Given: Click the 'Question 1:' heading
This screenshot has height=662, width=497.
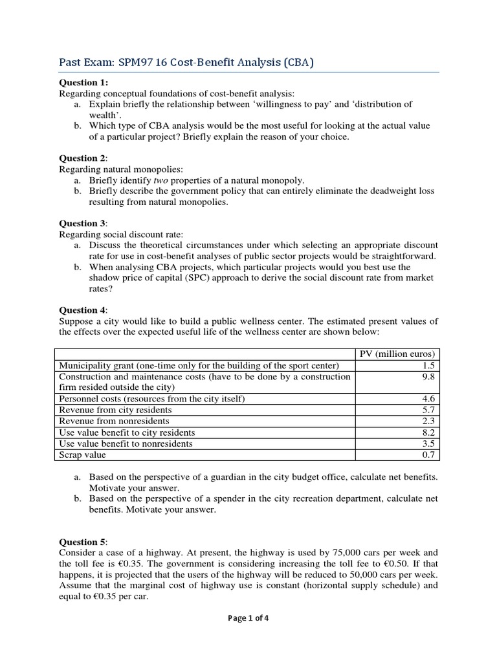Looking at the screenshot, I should click(84, 83).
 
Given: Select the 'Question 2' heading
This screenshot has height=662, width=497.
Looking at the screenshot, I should click(83, 158).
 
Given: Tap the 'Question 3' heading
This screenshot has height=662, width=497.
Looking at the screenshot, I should click(83, 223).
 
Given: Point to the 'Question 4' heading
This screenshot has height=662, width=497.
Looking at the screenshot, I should click(83, 310).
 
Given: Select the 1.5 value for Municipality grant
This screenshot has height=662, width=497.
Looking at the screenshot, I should click(431, 365).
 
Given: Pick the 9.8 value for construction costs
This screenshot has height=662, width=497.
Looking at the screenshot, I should click(431, 376).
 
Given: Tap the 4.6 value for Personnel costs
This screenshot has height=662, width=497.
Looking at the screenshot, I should click(431, 399).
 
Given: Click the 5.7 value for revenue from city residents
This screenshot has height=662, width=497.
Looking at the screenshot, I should click(431, 410).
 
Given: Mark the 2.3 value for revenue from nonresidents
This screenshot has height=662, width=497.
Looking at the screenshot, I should click(431, 421).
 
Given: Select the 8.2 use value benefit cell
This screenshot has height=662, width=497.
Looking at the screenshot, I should click(431, 432).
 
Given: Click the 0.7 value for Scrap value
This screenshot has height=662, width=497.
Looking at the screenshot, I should click(431, 454).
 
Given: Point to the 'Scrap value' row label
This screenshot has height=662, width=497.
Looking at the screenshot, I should click(82, 454).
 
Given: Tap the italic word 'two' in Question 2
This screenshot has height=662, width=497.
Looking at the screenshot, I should click(152, 180).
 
